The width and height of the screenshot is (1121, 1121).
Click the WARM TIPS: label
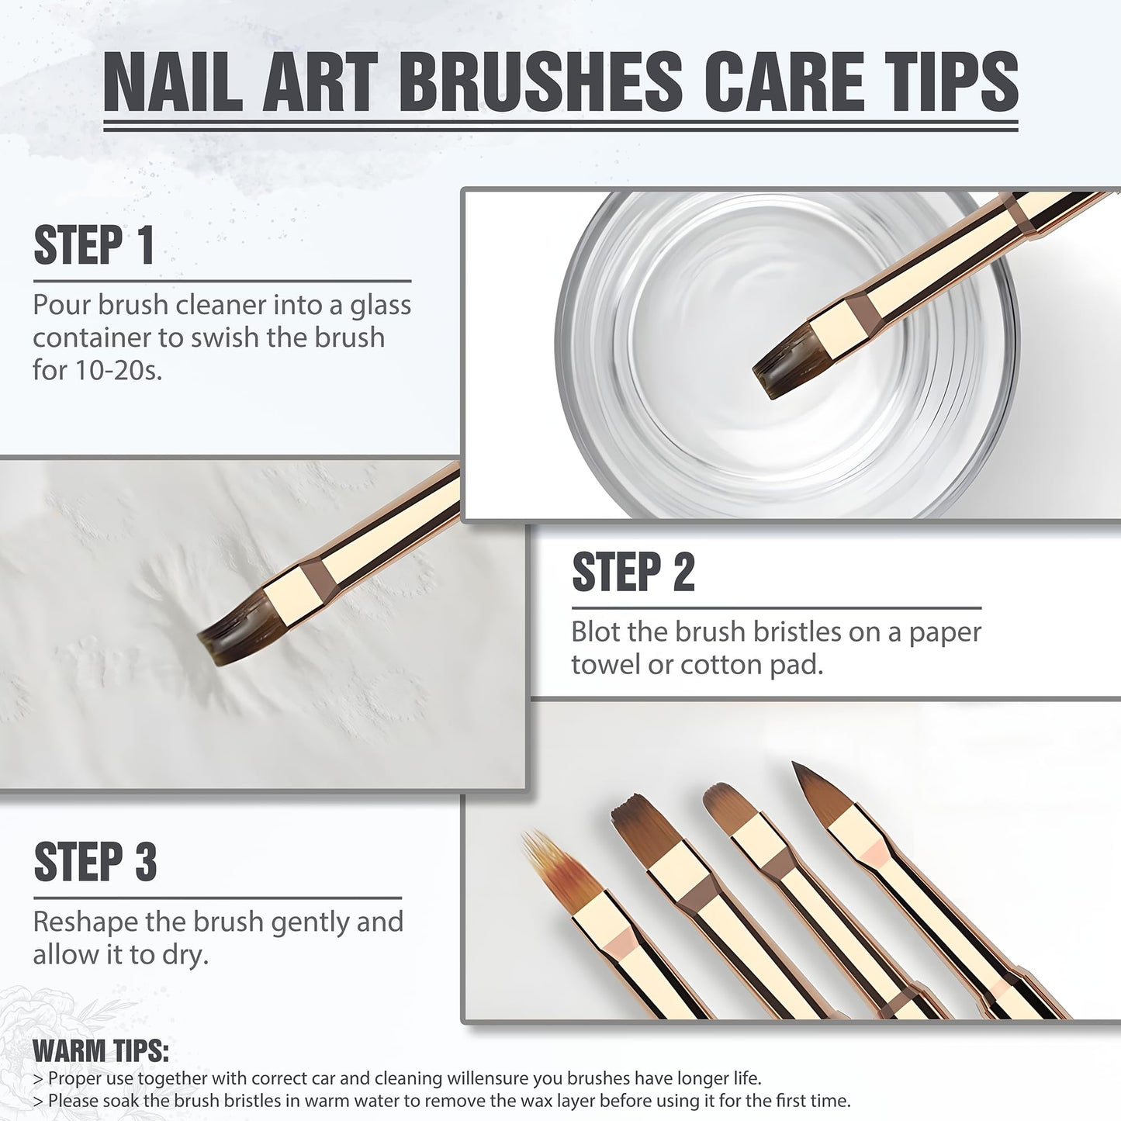[x=101, y=1052]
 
